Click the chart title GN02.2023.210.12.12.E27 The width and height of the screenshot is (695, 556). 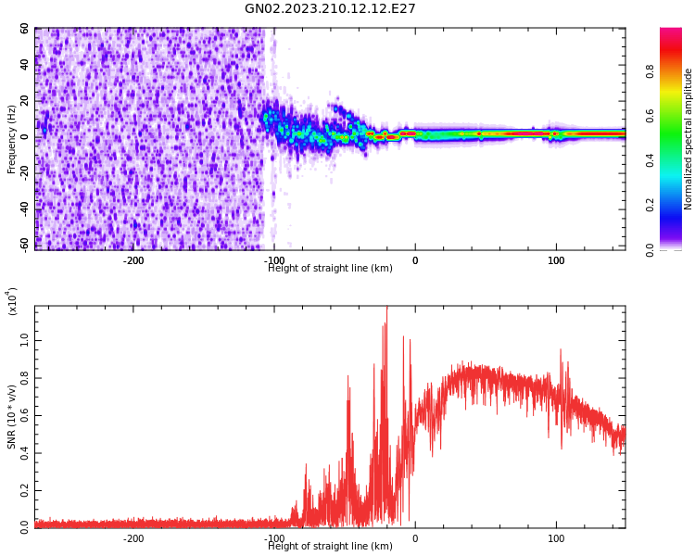pyautogui.click(x=330, y=9)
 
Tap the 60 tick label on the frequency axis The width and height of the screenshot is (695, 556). pyautogui.click(x=25, y=30)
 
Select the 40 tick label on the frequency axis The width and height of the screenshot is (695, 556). pyautogui.click(x=25, y=66)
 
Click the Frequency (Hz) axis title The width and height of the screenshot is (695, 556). pyautogui.click(x=12, y=138)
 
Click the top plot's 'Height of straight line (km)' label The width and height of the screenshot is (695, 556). pyautogui.click(x=330, y=269)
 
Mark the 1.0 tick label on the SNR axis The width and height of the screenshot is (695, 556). pyautogui.click(x=24, y=341)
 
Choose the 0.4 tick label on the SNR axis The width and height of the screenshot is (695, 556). pyautogui.click(x=24, y=453)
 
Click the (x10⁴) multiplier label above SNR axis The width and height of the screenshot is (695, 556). pyautogui.click(x=13, y=301)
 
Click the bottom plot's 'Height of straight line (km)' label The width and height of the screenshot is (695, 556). pyautogui.click(x=330, y=547)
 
